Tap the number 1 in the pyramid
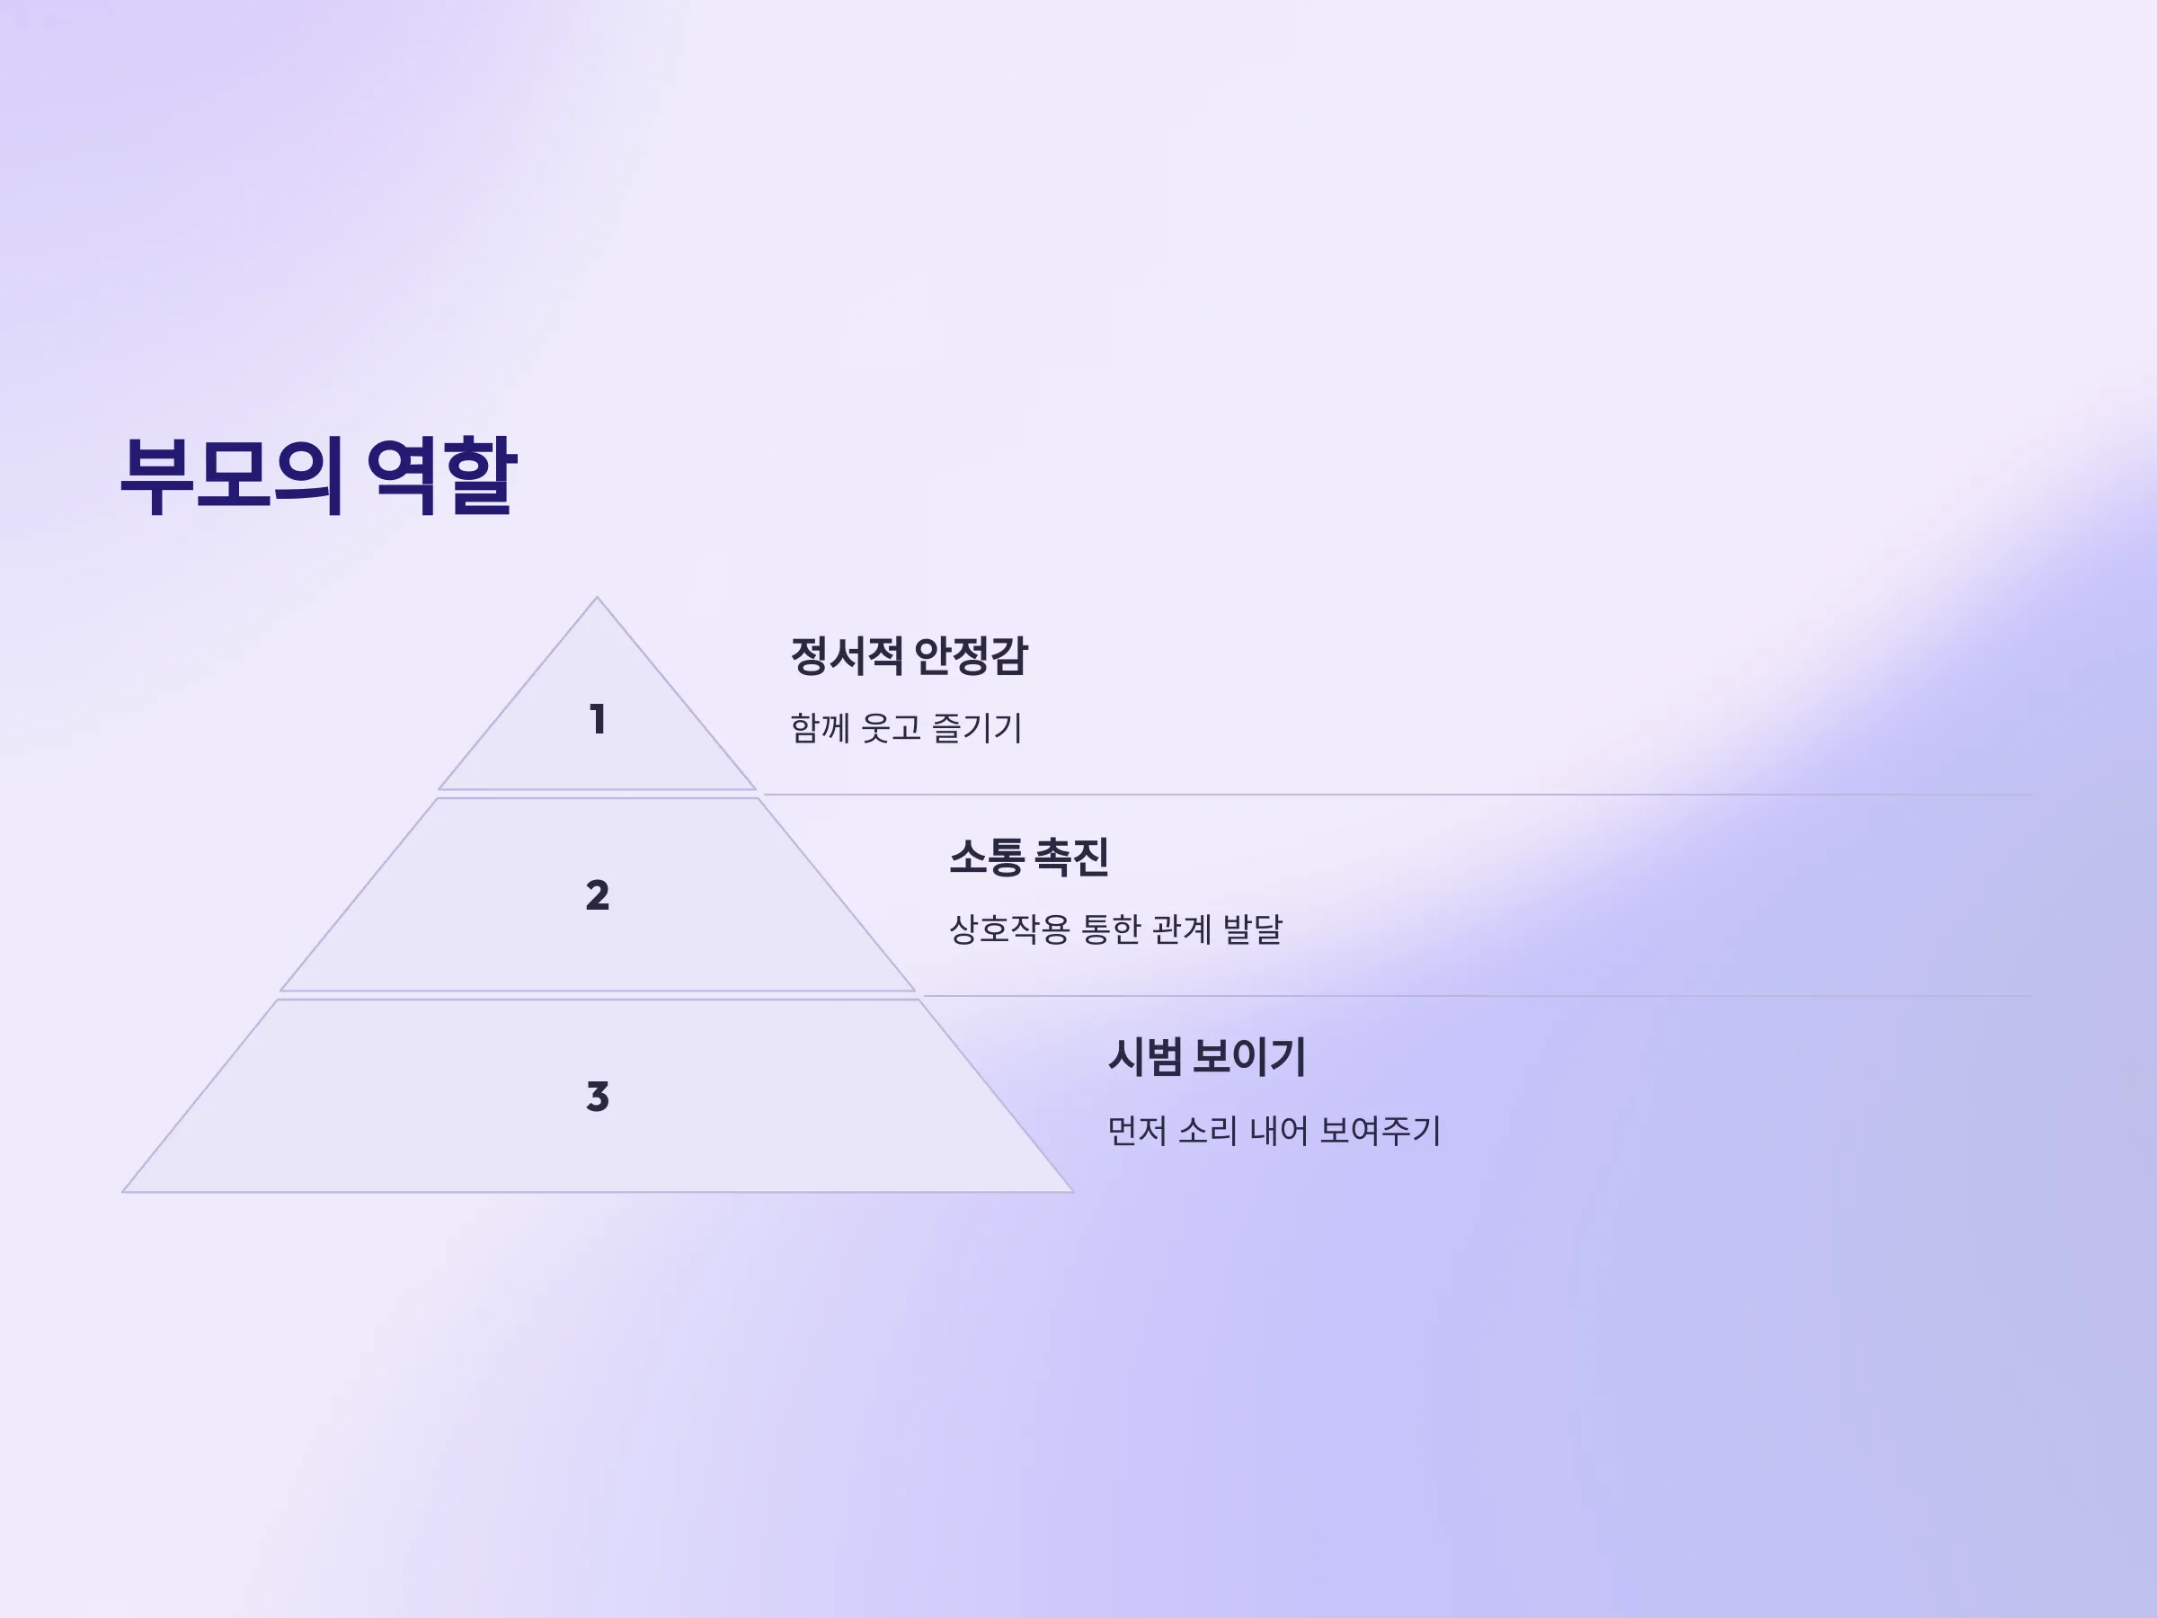[x=598, y=720]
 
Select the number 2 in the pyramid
[x=598, y=895]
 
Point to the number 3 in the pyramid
[x=598, y=1097]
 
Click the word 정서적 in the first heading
[x=847, y=655]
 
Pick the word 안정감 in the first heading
[x=971, y=655]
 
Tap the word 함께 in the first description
[x=820, y=727]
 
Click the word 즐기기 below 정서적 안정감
[x=977, y=727]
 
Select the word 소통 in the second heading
[x=986, y=858]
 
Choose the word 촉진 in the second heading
[x=1070, y=858]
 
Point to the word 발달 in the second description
[x=1252, y=929]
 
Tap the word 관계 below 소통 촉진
[x=1181, y=929]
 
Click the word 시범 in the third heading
[x=1145, y=1057]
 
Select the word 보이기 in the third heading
[x=1249, y=1057]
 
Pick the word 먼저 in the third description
[x=1138, y=1132]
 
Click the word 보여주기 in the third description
[x=1380, y=1132]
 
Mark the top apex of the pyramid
[x=597, y=597]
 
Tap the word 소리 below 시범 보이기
[x=1208, y=1132]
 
